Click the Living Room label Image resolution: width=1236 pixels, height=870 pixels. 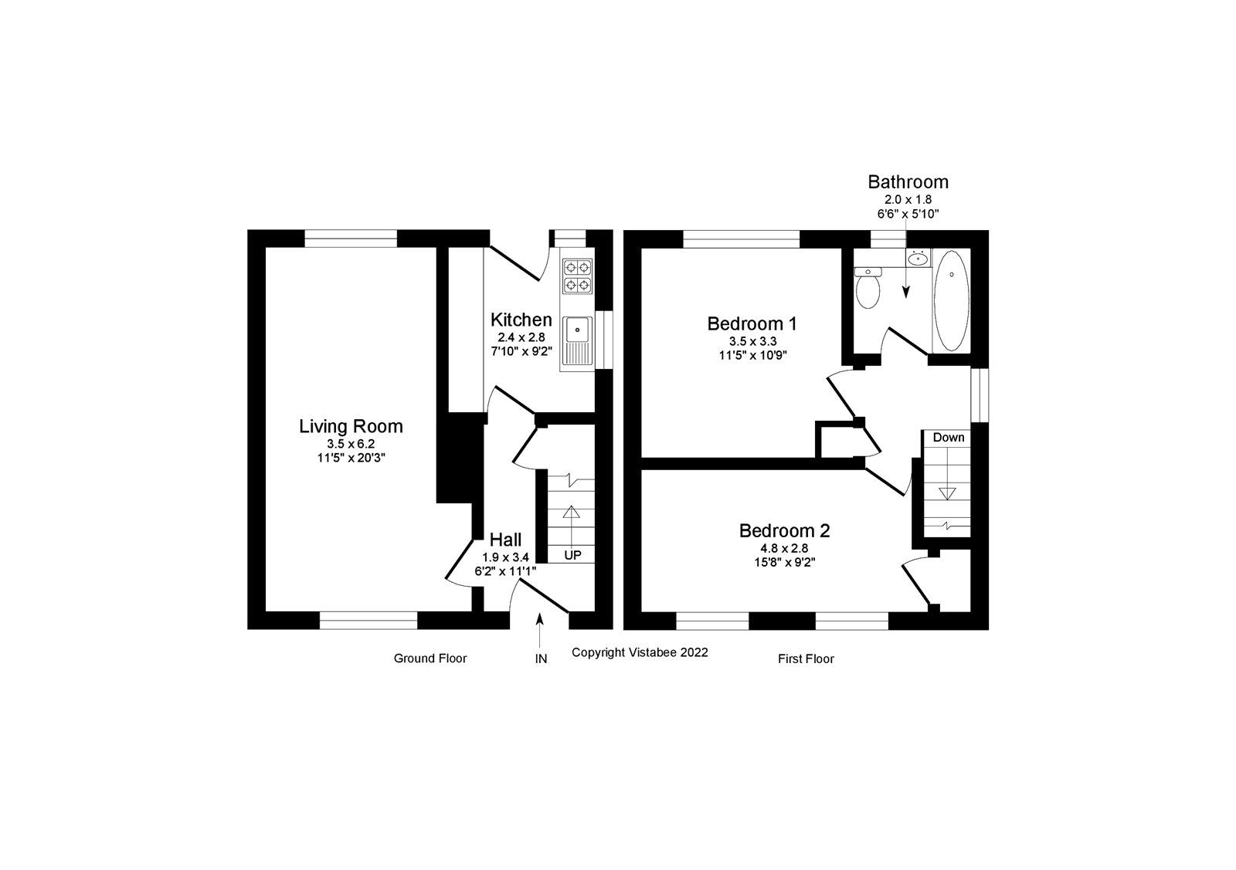[351, 426]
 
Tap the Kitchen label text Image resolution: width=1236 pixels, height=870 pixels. [521, 320]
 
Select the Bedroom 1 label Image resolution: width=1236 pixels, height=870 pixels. [752, 323]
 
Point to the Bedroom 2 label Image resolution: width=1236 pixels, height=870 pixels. [784, 530]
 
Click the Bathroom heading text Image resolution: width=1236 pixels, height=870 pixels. [908, 182]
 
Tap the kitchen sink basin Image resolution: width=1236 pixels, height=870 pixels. [577, 330]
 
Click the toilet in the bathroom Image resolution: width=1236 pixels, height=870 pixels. [869, 289]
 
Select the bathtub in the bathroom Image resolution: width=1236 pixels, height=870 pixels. [951, 300]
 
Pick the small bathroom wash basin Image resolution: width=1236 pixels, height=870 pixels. [918, 259]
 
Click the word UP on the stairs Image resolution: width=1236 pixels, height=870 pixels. [572, 555]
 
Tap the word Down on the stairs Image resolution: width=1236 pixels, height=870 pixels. [948, 438]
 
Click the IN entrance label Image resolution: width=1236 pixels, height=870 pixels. [541, 659]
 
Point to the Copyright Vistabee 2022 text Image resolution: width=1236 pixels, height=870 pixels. [640, 652]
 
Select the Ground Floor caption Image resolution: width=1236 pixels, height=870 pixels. [430, 658]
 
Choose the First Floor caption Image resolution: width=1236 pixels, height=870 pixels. [806, 659]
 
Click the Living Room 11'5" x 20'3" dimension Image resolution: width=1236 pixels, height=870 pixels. [351, 457]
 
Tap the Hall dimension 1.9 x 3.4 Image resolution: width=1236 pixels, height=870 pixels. [505, 557]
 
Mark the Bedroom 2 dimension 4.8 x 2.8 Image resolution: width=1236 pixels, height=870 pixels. [784, 548]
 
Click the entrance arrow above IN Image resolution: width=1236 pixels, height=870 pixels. [540, 628]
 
